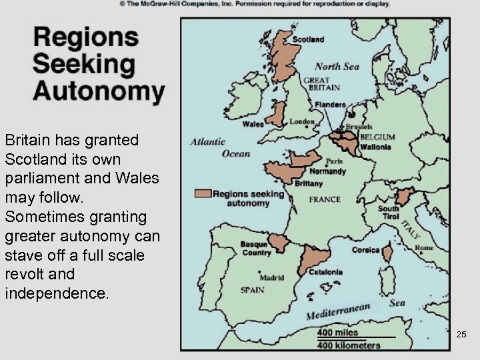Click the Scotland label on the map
tap(309, 39)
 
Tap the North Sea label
tap(337, 66)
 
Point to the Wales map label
tap(253, 124)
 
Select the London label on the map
tap(301, 122)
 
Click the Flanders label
tap(331, 105)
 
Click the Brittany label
tap(308, 183)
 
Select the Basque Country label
tap(257, 249)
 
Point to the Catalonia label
tap(326, 272)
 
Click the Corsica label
tap(365, 250)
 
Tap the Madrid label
tap(271, 278)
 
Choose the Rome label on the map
tap(424, 248)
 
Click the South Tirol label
tap(389, 213)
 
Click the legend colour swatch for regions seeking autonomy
tap(203, 193)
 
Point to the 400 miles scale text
tap(337, 332)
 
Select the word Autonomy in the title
tap(98, 90)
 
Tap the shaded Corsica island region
tap(387, 253)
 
